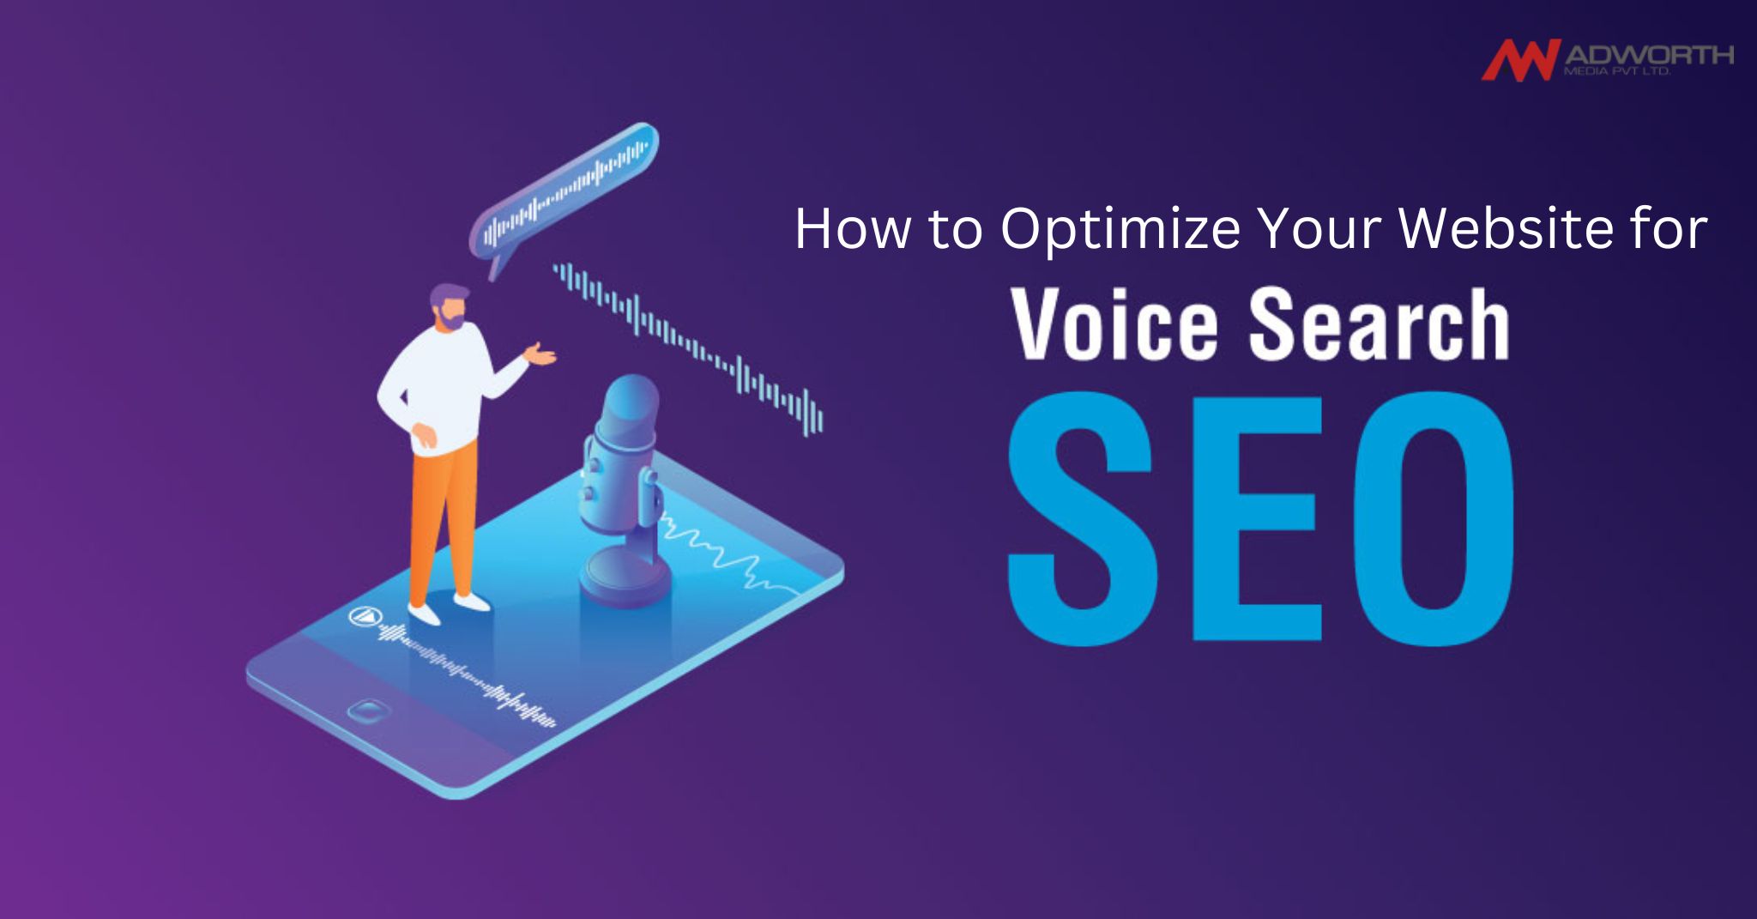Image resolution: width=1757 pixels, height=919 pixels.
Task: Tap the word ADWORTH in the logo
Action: pos(1648,56)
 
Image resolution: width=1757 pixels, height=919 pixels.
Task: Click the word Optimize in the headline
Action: pos(1120,229)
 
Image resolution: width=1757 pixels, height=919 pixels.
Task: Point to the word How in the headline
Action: pos(852,229)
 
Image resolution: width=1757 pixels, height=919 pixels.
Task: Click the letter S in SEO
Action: pos(1078,516)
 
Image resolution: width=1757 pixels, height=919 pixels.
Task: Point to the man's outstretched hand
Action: pos(540,354)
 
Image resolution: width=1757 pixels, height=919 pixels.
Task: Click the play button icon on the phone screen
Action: pos(364,615)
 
